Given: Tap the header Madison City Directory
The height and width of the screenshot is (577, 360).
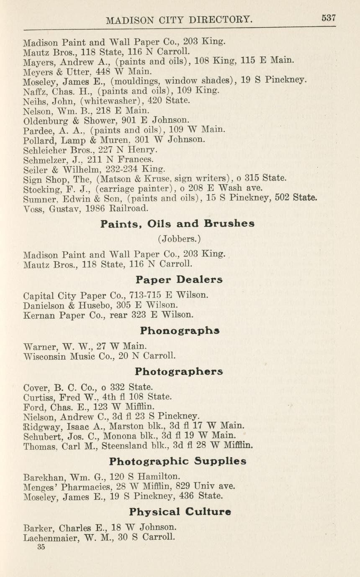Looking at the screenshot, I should click(x=179, y=20).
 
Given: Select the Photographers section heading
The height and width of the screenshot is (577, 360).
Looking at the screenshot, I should click(x=179, y=372).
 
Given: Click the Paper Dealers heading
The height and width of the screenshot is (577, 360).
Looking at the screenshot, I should click(x=179, y=280).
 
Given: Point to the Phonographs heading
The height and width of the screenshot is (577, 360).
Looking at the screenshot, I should click(x=180, y=331).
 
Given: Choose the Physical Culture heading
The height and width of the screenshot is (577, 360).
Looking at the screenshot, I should click(x=180, y=512).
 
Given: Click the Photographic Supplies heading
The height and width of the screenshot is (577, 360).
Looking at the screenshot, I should click(x=177, y=462).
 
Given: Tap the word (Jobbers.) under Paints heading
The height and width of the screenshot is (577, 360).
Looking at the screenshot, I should click(x=179, y=239).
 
